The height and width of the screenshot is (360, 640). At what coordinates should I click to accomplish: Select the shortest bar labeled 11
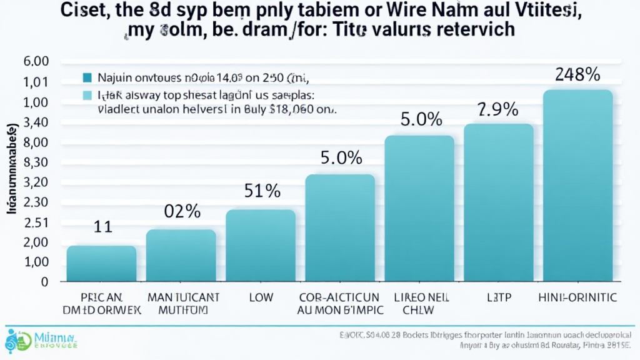[101, 263]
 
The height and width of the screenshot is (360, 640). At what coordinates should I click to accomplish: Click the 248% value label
[577, 74]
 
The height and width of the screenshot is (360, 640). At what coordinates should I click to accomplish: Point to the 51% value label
[261, 191]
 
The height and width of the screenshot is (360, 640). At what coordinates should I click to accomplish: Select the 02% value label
[182, 211]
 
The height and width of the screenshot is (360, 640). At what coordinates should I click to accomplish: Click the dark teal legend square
[87, 78]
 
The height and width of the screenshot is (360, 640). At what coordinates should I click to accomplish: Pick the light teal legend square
[87, 96]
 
